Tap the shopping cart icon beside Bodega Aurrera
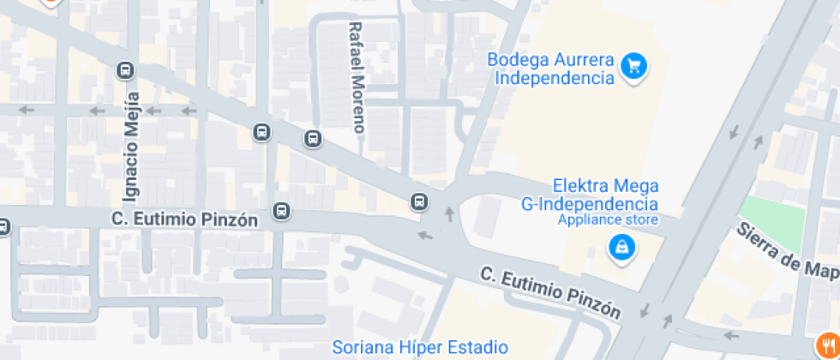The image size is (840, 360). click(634, 65)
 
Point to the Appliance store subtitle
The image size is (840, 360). click(608, 219)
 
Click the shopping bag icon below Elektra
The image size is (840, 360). click(620, 249)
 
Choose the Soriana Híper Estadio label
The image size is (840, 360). click(420, 347)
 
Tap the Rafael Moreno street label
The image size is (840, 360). click(357, 77)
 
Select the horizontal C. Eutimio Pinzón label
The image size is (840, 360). click(184, 219)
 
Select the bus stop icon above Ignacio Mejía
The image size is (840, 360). click(126, 70)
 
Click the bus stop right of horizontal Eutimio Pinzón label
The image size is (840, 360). click(281, 211)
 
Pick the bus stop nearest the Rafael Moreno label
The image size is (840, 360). click(313, 138)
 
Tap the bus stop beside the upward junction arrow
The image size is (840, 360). click(419, 201)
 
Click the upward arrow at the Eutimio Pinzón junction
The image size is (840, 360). click(448, 213)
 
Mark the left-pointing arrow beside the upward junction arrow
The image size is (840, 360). click(424, 235)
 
